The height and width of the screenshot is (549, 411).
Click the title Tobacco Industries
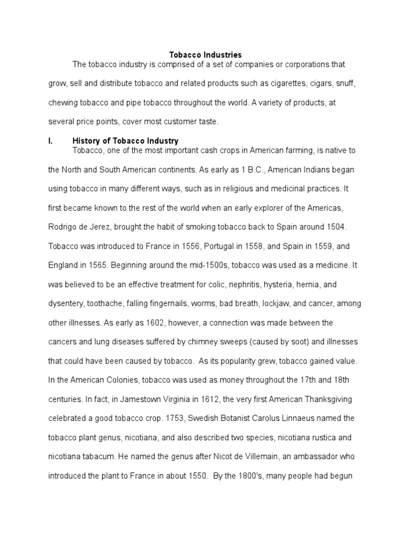[x=205, y=55]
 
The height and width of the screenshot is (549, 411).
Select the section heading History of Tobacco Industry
[x=125, y=141]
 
